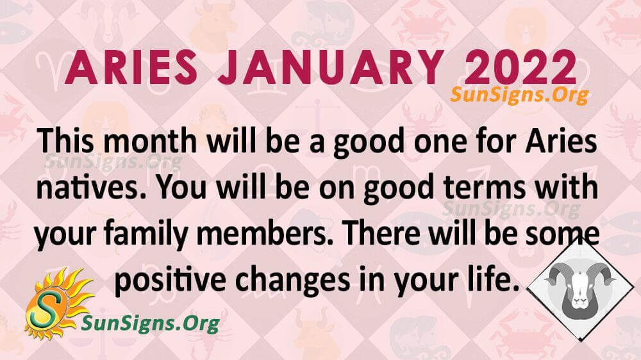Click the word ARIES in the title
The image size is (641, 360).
[131, 68]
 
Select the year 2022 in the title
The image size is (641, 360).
[520, 68]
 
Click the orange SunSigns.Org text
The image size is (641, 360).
[519, 95]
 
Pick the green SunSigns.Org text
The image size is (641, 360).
[151, 323]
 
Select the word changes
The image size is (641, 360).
[292, 282]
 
